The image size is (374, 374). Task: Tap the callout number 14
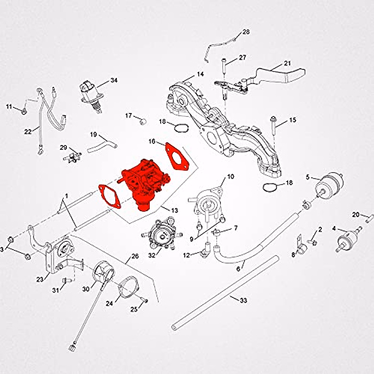pyautogui.click(x=200, y=74)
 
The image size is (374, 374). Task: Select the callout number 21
pyautogui.click(x=287, y=63)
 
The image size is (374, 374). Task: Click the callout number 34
pyautogui.click(x=114, y=80)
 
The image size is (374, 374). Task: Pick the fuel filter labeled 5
pyautogui.click(x=329, y=186)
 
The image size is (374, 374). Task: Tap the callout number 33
pyautogui.click(x=243, y=300)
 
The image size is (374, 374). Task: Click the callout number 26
pyautogui.click(x=135, y=256)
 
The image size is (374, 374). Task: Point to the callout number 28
pyautogui.click(x=246, y=32)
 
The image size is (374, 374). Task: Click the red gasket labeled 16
pyautogui.click(x=176, y=159)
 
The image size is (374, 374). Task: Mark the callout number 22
pyautogui.click(x=28, y=132)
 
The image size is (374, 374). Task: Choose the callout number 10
pyautogui.click(x=230, y=177)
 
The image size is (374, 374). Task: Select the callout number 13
pyautogui.click(x=175, y=211)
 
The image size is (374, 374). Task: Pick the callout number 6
pyautogui.click(x=238, y=268)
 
